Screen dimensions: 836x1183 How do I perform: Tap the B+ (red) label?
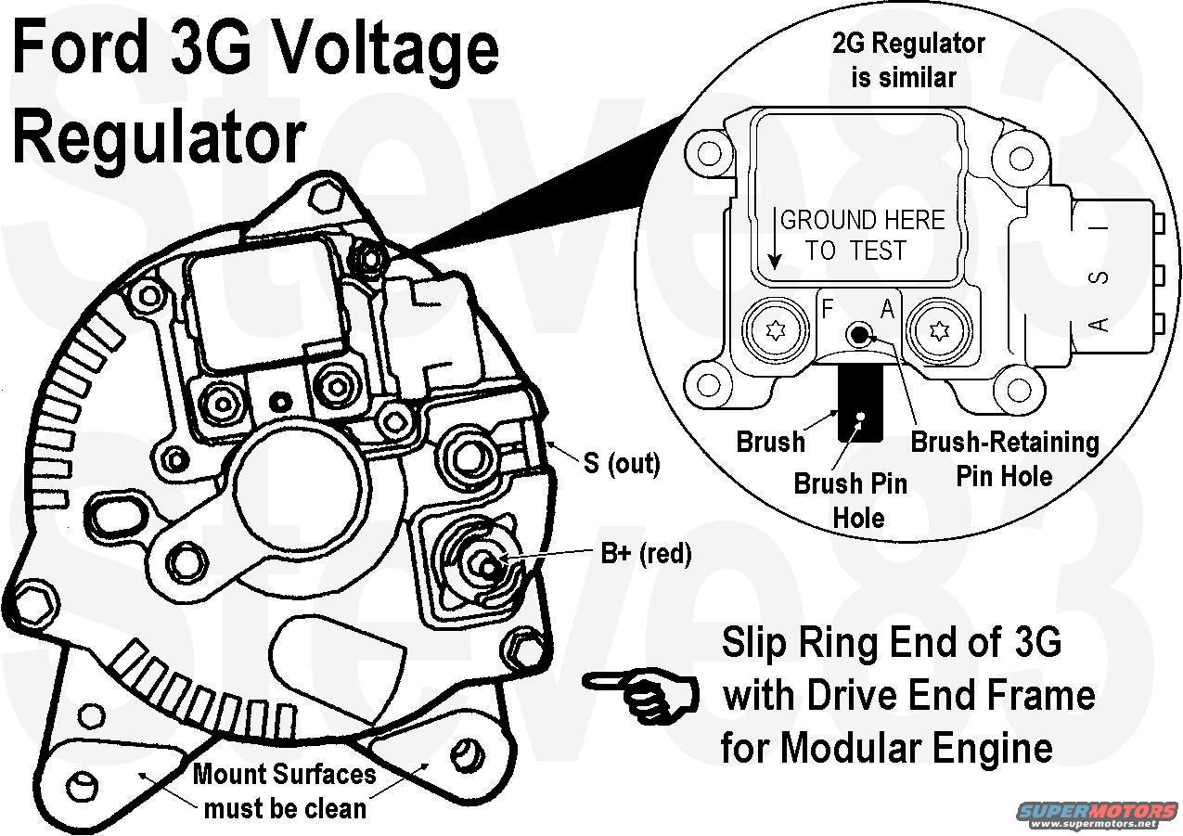(646, 554)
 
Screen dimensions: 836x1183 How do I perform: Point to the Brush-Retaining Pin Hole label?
(1005, 458)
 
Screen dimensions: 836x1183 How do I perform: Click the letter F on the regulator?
(829, 309)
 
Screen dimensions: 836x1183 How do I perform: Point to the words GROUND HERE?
(862, 220)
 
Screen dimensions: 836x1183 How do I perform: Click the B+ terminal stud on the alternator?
(483, 562)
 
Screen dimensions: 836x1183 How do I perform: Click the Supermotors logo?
(1089, 814)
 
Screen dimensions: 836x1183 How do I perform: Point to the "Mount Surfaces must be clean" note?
(285, 790)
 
